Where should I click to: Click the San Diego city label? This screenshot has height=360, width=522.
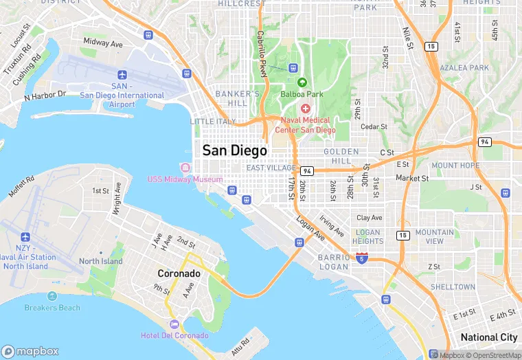tap(234, 150)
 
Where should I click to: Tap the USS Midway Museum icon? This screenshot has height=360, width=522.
tap(184, 168)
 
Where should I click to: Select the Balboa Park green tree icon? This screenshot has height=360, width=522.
tap(302, 82)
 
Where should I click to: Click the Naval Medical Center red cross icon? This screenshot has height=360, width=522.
tap(306, 109)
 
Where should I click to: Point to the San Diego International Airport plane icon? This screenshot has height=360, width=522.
tap(122, 74)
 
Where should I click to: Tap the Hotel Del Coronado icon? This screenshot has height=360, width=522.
tap(174, 324)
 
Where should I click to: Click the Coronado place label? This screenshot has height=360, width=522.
tap(179, 273)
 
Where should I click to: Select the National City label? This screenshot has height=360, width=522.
tap(488, 337)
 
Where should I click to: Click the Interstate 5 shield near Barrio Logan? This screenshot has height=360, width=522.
tap(362, 258)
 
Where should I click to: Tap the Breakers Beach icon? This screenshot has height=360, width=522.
tap(52, 296)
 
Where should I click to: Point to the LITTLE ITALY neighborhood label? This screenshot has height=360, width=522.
tap(212, 122)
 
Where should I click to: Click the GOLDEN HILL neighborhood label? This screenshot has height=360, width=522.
tap(341, 156)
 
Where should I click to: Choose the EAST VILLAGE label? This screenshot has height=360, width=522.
tap(271, 168)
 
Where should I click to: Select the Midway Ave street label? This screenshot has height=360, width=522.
tap(102, 43)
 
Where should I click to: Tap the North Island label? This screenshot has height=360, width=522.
tap(101, 261)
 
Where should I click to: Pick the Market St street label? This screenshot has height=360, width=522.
tap(412, 179)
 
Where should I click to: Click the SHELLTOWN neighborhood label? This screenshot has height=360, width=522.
tap(453, 286)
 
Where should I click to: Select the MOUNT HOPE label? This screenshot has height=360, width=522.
tap(455, 166)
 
